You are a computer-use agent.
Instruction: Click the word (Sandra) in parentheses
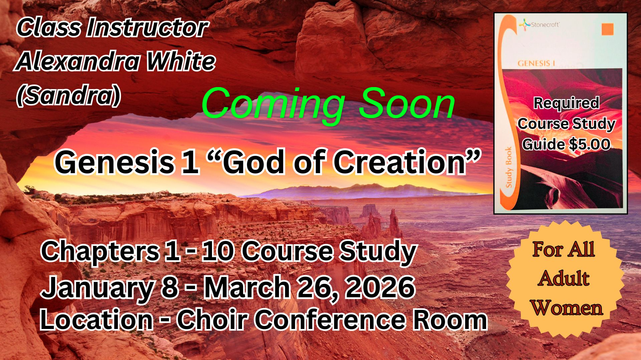point(68,96)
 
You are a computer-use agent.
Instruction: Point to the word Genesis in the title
point(115,162)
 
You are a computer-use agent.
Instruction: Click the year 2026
point(380,287)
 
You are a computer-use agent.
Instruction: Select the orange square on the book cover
point(608,29)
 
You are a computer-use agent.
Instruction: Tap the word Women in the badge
point(567,308)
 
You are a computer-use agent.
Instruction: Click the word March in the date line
point(247,287)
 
